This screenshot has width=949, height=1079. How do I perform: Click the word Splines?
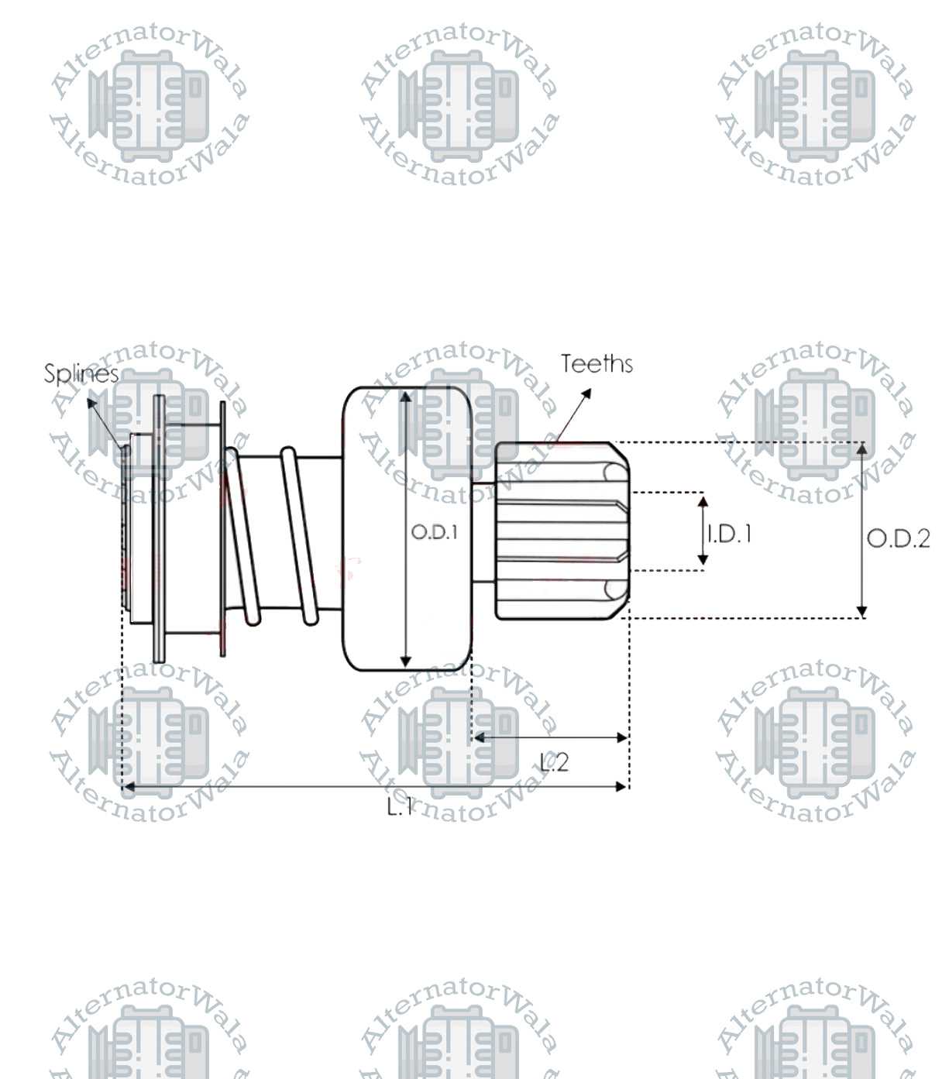[x=81, y=374]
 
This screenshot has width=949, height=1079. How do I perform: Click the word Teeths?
[x=597, y=364]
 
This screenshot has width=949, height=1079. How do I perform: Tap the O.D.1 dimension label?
[x=434, y=532]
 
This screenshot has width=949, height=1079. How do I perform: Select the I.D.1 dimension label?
[x=729, y=534]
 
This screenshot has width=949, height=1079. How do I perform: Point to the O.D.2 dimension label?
[x=898, y=538]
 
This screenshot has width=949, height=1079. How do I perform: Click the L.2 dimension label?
[x=555, y=763]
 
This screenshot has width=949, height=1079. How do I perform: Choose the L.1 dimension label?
[x=400, y=807]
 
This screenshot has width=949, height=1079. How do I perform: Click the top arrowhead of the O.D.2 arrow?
[x=861, y=448]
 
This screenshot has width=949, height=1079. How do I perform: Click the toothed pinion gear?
[x=562, y=531]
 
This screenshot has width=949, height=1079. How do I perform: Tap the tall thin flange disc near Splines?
[x=159, y=529]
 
